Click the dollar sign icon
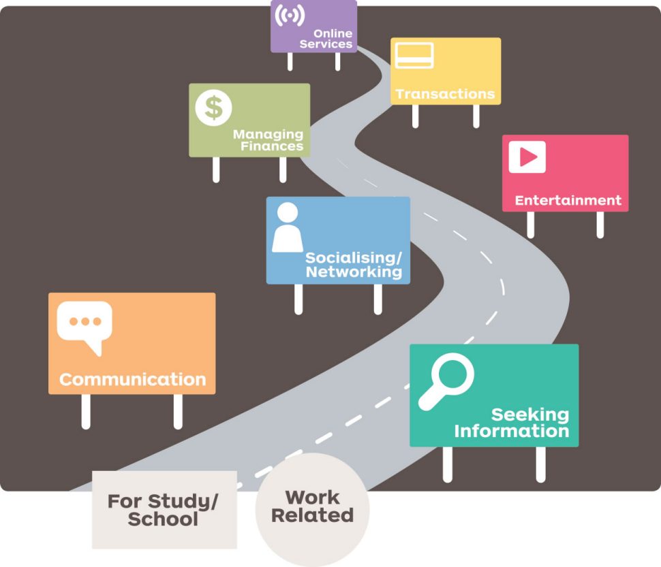[x=213, y=108]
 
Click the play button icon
[x=527, y=157]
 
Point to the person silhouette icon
[x=288, y=227]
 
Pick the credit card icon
[x=414, y=55]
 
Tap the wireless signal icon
[x=290, y=15]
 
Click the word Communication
[x=132, y=379]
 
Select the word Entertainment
[x=568, y=200]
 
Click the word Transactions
[x=445, y=93]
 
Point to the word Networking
[x=354, y=272]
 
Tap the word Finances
[x=272, y=146]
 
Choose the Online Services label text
[x=326, y=38]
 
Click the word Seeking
[x=530, y=415]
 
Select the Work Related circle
[x=312, y=509]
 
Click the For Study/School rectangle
[x=164, y=509]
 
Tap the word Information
[x=511, y=431]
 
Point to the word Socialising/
[x=354, y=257]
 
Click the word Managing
[x=268, y=134]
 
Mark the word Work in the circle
[x=312, y=498]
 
